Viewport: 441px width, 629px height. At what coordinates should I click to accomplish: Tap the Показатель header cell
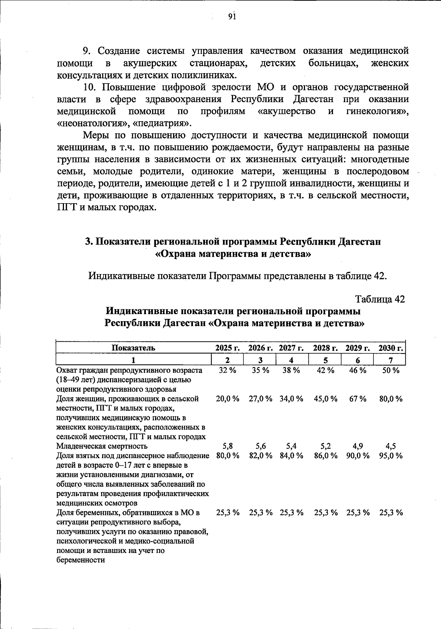[x=133, y=348]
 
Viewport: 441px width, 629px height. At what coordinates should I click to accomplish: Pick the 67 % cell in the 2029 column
[x=358, y=399]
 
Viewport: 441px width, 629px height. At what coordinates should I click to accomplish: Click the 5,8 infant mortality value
[x=227, y=446]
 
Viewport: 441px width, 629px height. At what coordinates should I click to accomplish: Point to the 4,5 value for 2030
[x=391, y=446]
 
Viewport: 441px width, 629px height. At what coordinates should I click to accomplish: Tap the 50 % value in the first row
[x=391, y=370]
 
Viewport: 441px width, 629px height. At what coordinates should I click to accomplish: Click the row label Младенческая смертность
[x=102, y=446]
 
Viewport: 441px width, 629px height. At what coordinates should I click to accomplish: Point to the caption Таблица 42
[x=380, y=299]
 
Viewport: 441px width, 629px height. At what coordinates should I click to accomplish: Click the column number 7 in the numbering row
[x=391, y=360]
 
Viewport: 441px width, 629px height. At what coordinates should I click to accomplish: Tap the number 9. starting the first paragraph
[x=87, y=51]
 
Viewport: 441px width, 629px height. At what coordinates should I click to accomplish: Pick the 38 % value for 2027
[x=291, y=370]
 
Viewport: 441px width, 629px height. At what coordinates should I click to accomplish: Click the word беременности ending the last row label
[x=80, y=560]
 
